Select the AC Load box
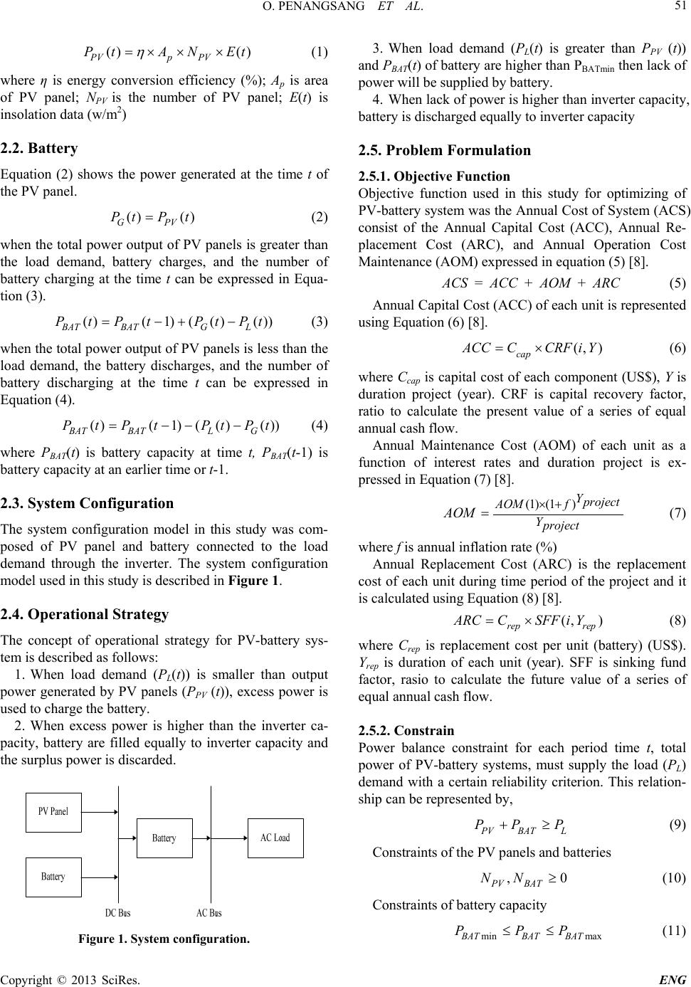[275, 838]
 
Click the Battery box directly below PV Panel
[53, 877]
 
